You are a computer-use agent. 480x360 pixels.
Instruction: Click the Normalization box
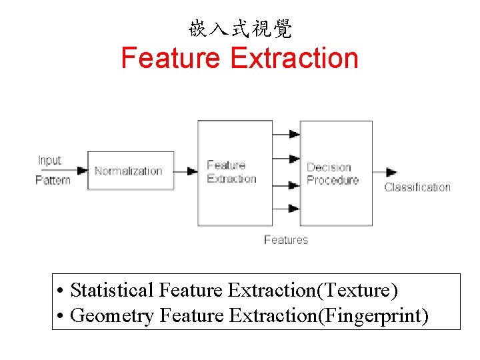point(131,171)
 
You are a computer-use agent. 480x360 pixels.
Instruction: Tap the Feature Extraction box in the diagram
point(235,172)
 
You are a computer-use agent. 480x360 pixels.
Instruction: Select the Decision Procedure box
point(336,173)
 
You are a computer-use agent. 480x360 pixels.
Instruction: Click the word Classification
point(417,187)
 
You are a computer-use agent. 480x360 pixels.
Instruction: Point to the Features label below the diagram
point(286,240)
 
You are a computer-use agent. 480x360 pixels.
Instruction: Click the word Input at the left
point(49,161)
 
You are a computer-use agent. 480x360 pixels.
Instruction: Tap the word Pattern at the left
point(53,180)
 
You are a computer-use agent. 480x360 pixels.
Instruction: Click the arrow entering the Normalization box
point(79,171)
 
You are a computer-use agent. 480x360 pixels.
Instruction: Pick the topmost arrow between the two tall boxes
point(286,133)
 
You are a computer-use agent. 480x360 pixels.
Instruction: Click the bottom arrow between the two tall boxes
point(286,208)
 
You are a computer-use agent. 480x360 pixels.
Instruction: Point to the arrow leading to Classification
point(385,173)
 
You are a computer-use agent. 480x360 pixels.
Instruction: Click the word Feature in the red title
point(171,58)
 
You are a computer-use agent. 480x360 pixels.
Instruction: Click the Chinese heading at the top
point(240,29)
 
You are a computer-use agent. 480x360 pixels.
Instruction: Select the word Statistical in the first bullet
point(113,291)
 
